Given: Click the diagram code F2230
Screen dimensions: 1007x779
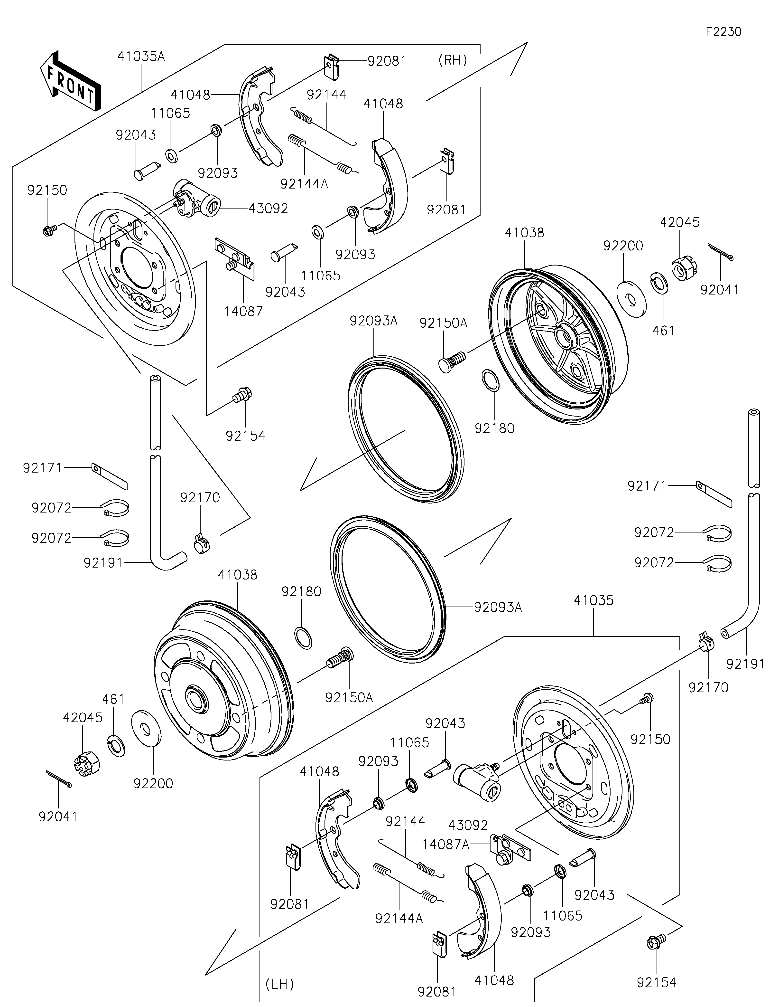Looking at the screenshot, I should click(x=723, y=32).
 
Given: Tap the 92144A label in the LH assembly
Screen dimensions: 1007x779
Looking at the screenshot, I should click(x=399, y=918).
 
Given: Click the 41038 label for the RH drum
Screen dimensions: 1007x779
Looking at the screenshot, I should click(x=524, y=233).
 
